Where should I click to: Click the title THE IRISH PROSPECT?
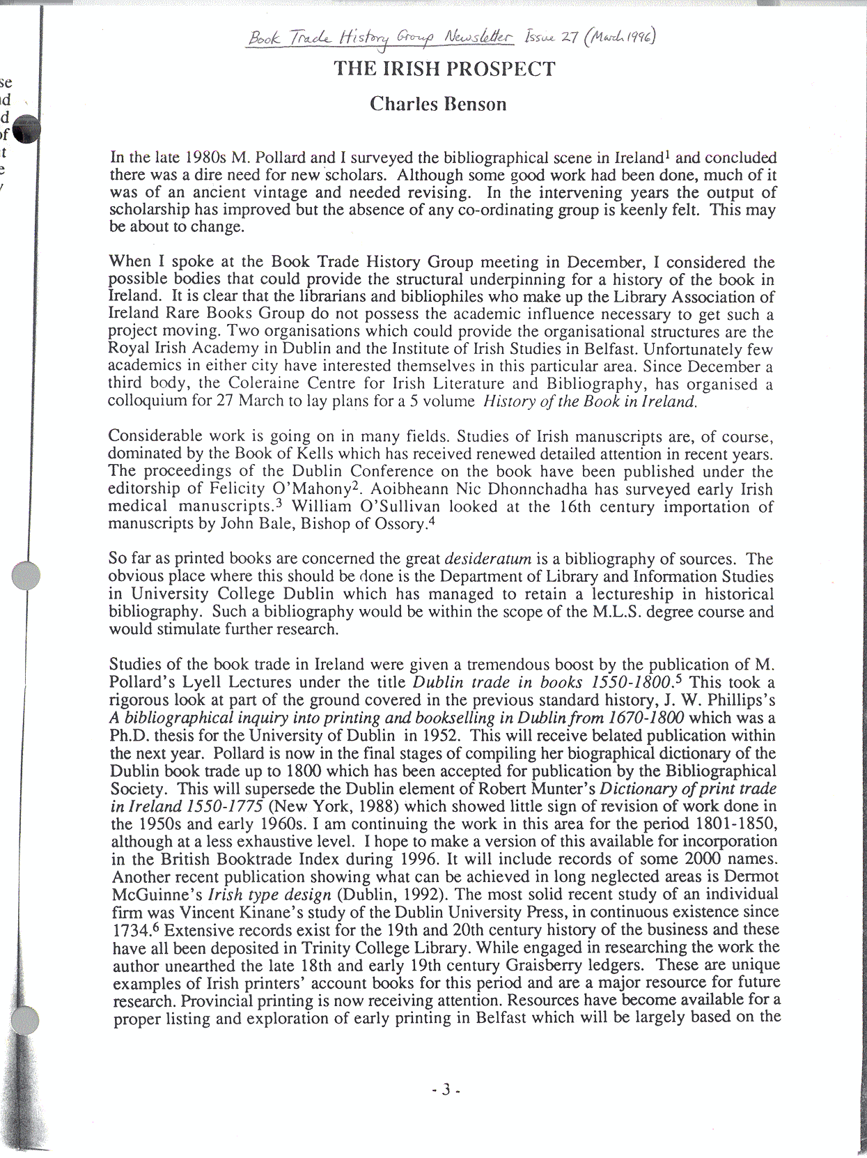[x=444, y=69]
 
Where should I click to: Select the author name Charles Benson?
[x=438, y=104]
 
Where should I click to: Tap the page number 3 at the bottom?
[x=446, y=1089]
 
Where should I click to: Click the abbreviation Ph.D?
[x=126, y=735]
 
